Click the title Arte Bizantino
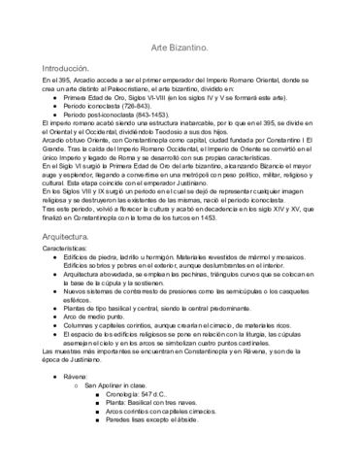click(180, 47)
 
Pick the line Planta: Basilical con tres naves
click(160, 406)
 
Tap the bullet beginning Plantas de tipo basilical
click(174, 306)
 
